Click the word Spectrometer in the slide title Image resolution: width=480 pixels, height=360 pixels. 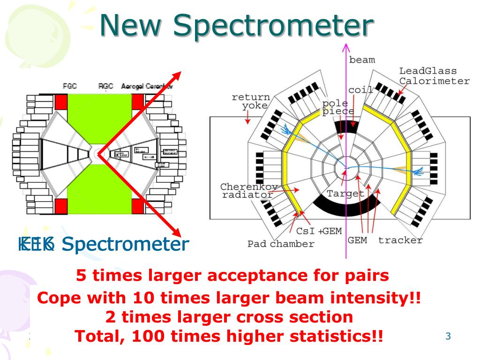point(274,26)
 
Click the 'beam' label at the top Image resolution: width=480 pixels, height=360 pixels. point(362,60)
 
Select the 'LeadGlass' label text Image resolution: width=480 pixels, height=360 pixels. point(427,71)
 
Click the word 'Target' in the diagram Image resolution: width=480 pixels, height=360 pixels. point(345,193)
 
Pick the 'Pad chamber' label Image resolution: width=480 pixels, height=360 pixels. point(281,244)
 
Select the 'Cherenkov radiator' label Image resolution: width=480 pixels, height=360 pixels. point(249,191)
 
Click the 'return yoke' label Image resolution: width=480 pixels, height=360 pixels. point(251,101)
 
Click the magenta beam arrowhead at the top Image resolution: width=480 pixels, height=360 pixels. point(346,47)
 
